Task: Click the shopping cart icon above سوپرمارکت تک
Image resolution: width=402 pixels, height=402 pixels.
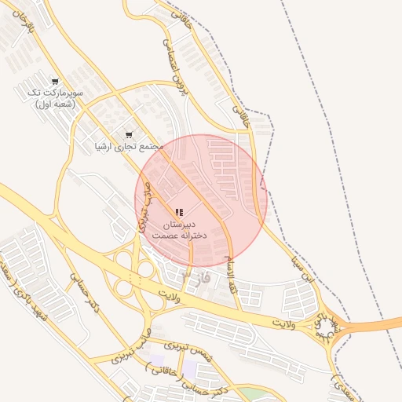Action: pos(54,82)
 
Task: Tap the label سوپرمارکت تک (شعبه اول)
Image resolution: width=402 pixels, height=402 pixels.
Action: pos(54,98)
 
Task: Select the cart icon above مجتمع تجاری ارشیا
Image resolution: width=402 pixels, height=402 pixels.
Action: pos(129,134)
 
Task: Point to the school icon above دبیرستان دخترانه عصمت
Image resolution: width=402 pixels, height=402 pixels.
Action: pos(179,213)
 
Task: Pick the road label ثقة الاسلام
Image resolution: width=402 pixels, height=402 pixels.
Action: pos(231,273)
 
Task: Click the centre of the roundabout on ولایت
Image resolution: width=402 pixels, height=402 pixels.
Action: pos(324,325)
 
